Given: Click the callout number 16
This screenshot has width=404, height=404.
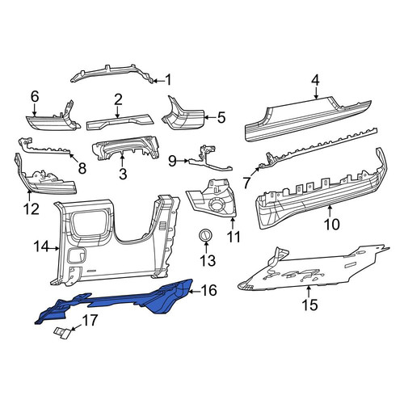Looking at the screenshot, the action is tap(209, 291).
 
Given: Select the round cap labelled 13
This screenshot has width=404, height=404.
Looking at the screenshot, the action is tap(206, 234).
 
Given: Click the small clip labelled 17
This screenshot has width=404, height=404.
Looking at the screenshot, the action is tap(62, 334).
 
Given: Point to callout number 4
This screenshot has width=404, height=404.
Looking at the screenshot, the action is tap(315, 80).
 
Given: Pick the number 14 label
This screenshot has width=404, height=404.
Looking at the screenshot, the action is tap(41, 246).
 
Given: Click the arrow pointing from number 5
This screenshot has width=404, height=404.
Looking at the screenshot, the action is tap(209, 117).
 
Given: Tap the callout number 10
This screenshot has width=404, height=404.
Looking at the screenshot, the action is tap(332, 224).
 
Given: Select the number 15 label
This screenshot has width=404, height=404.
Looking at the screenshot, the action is tap(309, 305).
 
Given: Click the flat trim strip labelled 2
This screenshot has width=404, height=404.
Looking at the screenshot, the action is tap(119, 122).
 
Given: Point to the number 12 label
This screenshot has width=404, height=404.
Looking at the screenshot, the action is tap(32, 208).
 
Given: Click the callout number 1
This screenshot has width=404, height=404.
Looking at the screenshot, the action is tap(168, 80).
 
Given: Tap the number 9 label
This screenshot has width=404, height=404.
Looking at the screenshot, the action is tap(172, 161).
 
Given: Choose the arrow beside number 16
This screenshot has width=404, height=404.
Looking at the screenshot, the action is tap(195, 291).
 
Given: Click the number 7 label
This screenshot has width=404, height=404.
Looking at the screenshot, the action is tap(247, 183).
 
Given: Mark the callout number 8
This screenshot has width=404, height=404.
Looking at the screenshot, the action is tap(82, 168).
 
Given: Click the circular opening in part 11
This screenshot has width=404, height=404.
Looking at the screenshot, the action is tap(217, 204).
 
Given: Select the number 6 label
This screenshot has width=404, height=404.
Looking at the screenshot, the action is tap(35, 96).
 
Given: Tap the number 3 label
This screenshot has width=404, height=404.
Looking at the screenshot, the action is tap(123, 174).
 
